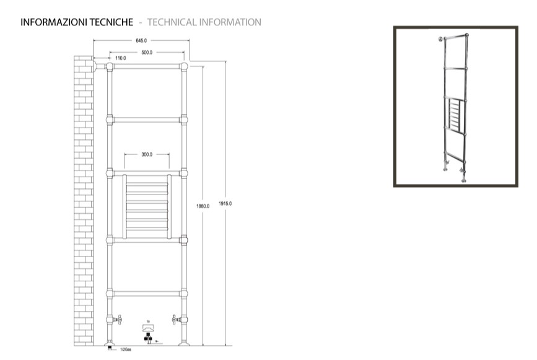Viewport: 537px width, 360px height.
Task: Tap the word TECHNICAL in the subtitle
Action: pyautogui.click(x=173, y=22)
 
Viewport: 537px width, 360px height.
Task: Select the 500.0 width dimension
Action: pyautogui.click(x=147, y=53)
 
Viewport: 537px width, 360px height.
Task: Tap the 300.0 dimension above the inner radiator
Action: pyautogui.click(x=147, y=154)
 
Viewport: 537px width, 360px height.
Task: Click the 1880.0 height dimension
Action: pyautogui.click(x=203, y=206)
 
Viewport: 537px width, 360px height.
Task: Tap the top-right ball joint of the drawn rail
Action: pyautogui.click(x=184, y=66)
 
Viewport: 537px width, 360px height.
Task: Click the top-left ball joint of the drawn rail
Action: pyautogui.click(x=110, y=66)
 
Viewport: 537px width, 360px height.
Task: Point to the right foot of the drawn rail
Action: pyautogui.click(x=184, y=341)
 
